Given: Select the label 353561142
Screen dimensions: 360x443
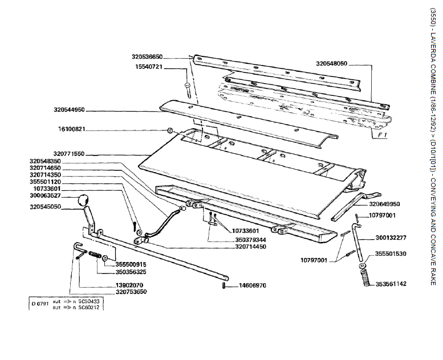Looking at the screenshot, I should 407,284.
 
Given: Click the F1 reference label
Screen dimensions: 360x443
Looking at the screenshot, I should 383,136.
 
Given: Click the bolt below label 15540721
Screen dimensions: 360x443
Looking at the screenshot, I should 189,88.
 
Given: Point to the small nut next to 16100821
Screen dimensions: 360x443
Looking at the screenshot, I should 170,130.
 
